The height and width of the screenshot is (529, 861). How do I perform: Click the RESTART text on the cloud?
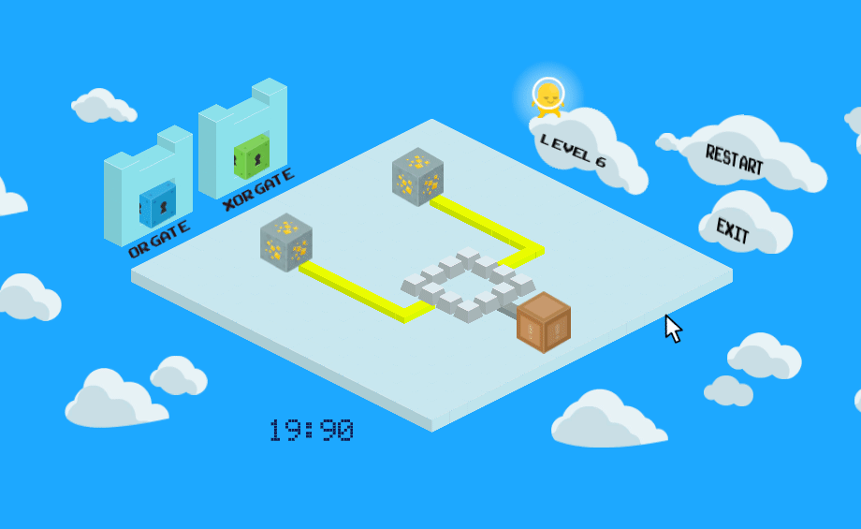point(734,159)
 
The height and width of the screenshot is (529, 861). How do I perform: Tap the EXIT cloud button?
point(745,224)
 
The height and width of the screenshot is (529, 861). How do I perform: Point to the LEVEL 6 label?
point(573,150)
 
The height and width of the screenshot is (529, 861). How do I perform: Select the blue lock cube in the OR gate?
point(157,204)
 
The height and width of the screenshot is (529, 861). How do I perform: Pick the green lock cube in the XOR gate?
point(252,156)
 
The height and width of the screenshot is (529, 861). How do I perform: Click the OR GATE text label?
point(159,240)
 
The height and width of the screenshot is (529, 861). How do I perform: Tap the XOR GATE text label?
point(258,189)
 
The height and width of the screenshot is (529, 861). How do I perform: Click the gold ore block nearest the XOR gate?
point(418,176)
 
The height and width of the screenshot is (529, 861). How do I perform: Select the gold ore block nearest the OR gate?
point(286,242)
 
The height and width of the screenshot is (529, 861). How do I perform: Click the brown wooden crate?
point(544,322)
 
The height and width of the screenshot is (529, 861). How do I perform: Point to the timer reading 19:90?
point(312,430)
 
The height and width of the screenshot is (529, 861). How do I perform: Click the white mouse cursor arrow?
point(673,329)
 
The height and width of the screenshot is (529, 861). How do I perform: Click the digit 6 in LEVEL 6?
point(600,161)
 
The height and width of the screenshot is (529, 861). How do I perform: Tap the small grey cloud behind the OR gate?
point(104,105)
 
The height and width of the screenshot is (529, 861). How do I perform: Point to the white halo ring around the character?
point(548,78)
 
